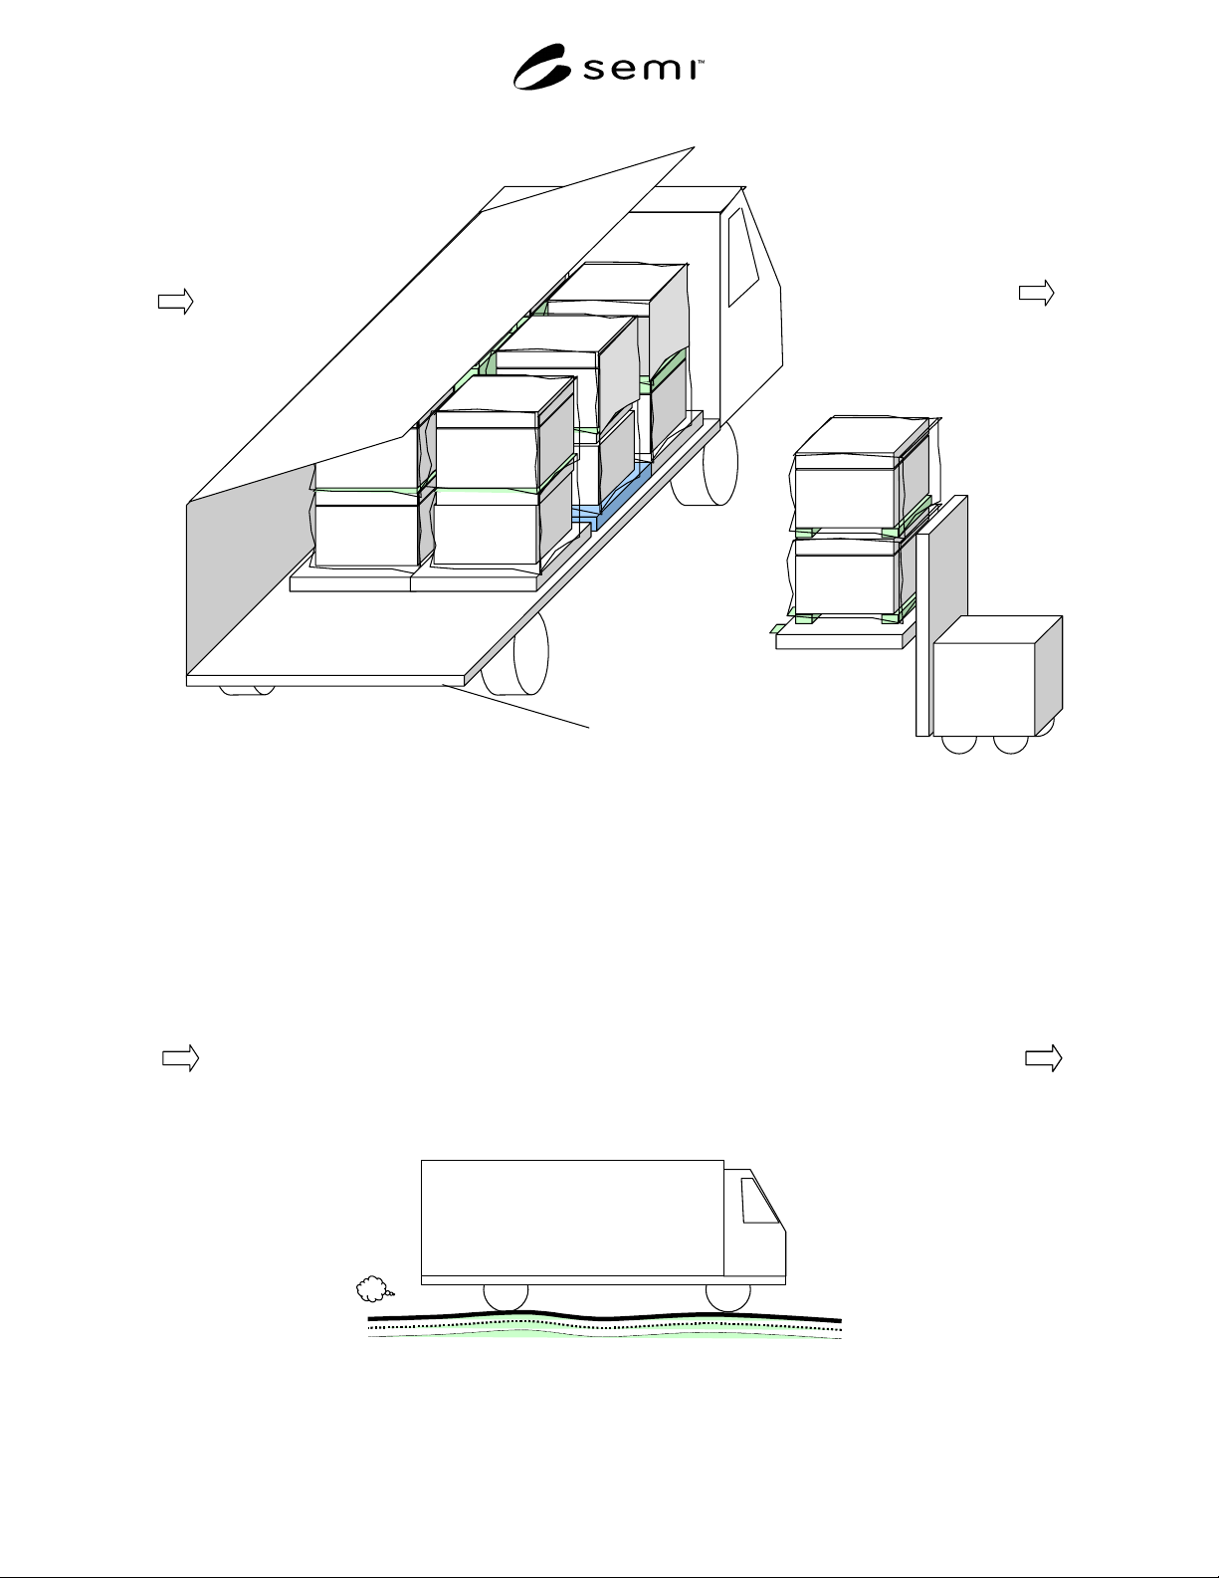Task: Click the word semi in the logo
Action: click(x=639, y=69)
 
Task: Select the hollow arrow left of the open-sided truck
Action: click(x=175, y=302)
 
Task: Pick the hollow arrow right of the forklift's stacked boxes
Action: click(x=1036, y=293)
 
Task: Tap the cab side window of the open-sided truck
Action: click(x=743, y=257)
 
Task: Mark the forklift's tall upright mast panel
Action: click(x=941, y=616)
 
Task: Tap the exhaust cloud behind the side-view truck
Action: click(x=374, y=1289)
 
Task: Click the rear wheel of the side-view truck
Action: click(x=506, y=1297)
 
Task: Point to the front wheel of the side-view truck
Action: click(x=727, y=1297)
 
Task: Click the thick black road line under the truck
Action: click(x=604, y=1315)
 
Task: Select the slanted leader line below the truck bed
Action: click(x=515, y=706)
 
